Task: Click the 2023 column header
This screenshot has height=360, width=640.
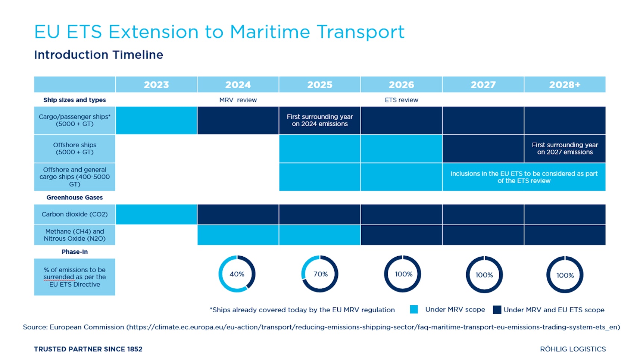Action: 156,85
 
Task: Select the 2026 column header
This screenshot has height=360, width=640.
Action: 401,85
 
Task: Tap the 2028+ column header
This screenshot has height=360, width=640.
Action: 565,85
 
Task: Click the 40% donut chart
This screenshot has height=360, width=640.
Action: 237,274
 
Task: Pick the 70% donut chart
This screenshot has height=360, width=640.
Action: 320,274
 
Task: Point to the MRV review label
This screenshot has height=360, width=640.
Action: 238,100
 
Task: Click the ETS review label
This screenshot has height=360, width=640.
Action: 401,100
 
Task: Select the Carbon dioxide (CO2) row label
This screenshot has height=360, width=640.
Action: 75,215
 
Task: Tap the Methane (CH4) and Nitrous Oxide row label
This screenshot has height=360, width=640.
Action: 75,235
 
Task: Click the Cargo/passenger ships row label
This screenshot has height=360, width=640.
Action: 75,120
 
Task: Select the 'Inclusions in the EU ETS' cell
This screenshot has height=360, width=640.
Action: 524,177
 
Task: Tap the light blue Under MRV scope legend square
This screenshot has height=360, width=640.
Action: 414,309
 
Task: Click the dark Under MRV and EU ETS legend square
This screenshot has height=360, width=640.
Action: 497,310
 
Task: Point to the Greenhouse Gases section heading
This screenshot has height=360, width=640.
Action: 75,198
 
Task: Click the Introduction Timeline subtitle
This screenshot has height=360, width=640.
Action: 99,55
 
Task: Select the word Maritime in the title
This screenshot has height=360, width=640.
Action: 269,32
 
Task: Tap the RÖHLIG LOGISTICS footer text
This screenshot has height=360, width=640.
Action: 573,349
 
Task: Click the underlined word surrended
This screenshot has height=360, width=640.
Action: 59,277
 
